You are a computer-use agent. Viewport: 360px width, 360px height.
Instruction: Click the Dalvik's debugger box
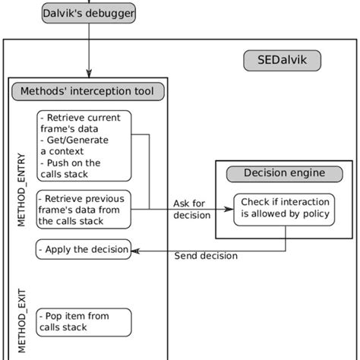coord(90,13)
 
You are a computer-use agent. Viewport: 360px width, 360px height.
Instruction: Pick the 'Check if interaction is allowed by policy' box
coord(286,207)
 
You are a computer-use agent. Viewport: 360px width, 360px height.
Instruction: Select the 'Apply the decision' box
coord(84,248)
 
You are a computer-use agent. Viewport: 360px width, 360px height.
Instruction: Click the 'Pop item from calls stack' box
coord(84,321)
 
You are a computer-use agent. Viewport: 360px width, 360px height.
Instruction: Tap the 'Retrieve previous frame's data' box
coord(84,208)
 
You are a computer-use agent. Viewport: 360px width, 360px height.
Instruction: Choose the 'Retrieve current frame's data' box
coord(84,142)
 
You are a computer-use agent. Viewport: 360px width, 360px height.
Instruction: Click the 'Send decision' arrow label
coord(206,257)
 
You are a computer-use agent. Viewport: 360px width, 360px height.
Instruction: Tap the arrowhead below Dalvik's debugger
coord(90,71)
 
